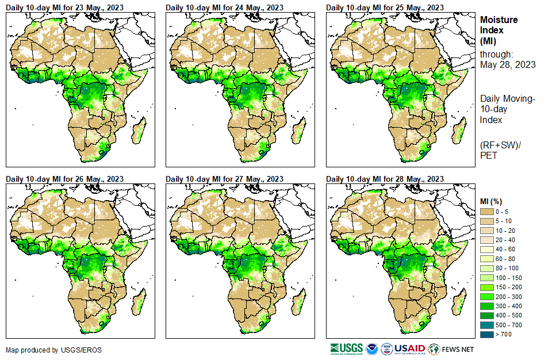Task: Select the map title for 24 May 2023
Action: [225, 7]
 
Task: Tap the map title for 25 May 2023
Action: [385, 7]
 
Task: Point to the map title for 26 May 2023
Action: [65, 179]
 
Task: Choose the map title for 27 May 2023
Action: [225, 179]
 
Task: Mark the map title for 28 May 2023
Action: [385, 179]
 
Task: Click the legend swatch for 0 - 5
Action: [486, 212]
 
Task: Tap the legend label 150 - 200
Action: [509, 286]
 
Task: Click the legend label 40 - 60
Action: [507, 249]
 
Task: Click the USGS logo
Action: [346, 348]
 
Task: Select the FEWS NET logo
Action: [451, 348]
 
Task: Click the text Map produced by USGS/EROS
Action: [41, 350]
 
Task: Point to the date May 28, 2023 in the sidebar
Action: [508, 64]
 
